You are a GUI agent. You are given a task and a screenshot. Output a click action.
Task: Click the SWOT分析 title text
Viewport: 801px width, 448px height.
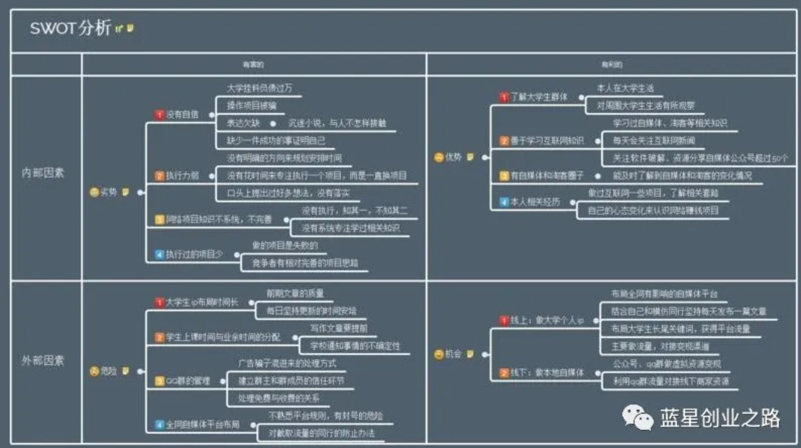click(x=70, y=28)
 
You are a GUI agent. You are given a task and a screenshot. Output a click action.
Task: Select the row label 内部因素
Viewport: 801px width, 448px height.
click(x=42, y=173)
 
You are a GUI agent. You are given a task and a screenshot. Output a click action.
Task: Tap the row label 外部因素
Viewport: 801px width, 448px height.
click(x=42, y=360)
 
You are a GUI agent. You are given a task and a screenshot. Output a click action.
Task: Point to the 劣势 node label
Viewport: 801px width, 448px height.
click(x=109, y=193)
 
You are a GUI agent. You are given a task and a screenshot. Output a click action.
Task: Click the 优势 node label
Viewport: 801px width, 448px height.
click(x=453, y=157)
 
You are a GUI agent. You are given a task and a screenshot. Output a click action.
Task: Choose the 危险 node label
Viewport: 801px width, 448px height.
click(x=109, y=371)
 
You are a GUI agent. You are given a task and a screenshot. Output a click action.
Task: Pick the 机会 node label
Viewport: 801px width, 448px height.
click(x=453, y=354)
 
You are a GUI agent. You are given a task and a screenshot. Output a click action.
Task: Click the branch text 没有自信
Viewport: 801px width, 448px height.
click(x=182, y=114)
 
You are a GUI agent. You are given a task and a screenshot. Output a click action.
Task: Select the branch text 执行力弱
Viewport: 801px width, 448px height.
click(x=182, y=176)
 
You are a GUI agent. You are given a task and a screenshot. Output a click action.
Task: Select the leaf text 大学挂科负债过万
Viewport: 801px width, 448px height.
click(x=260, y=88)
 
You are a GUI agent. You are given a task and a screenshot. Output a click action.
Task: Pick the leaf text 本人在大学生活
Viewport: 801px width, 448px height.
click(x=625, y=88)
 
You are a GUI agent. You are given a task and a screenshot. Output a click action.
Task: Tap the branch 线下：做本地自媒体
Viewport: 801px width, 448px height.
click(x=548, y=372)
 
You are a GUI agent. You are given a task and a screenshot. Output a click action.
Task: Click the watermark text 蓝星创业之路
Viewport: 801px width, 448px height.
click(x=720, y=418)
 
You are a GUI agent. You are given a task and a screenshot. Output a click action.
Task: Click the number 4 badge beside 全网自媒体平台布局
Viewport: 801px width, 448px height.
click(x=160, y=424)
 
